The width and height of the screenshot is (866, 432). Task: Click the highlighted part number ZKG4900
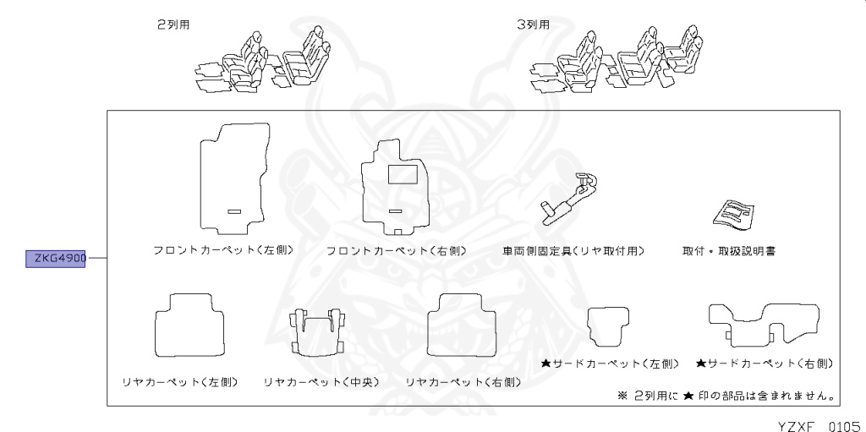coord(57,258)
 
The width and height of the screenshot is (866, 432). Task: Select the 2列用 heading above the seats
coord(173,25)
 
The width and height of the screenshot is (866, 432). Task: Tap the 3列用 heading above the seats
coord(534,25)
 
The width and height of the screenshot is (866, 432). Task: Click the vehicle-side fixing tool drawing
coord(568,198)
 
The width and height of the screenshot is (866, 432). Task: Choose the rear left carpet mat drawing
coord(189,324)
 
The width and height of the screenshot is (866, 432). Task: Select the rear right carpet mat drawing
coord(461,324)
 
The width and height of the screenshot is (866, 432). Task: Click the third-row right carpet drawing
coord(764,323)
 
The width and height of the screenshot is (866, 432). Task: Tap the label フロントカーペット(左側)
coord(223,250)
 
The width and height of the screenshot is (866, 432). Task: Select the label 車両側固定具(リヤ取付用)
coord(573,251)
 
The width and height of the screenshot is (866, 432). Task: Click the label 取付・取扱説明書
coord(730,251)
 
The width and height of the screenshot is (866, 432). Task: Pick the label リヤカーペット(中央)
coord(321,382)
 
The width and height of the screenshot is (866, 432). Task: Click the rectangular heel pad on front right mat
coord(402,174)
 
